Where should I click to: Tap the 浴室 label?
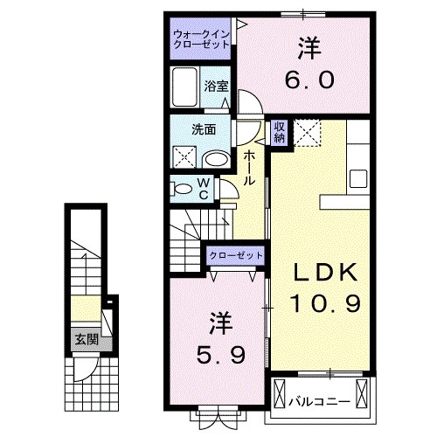pos(216,86)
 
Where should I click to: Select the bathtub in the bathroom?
pos(185,88)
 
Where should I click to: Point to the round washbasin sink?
pos(216,158)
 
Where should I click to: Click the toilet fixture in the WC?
pos(183,187)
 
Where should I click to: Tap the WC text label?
pos(203,188)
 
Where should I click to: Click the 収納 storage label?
pos(280,132)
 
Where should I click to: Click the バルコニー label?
pos(320,401)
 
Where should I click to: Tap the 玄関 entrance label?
pos(84,339)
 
